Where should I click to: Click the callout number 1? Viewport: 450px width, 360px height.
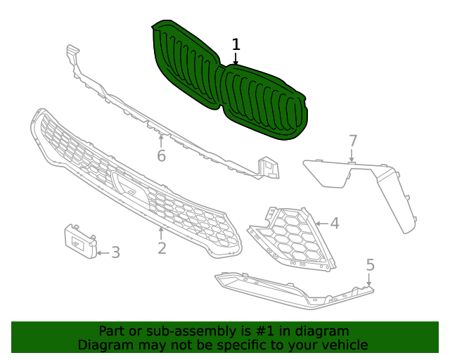(236, 44)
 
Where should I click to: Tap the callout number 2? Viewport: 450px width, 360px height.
(162, 248)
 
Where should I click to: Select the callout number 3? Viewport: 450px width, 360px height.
(115, 252)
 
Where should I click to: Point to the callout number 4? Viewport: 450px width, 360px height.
(335, 224)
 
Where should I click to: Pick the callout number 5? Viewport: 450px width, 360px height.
(371, 265)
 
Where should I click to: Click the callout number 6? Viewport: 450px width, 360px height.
(161, 155)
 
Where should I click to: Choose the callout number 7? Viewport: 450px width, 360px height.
(353, 141)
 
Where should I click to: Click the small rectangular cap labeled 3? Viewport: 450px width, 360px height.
(80, 242)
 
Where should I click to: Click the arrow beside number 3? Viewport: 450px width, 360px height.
(102, 252)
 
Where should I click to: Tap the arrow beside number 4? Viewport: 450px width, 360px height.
(321, 224)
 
